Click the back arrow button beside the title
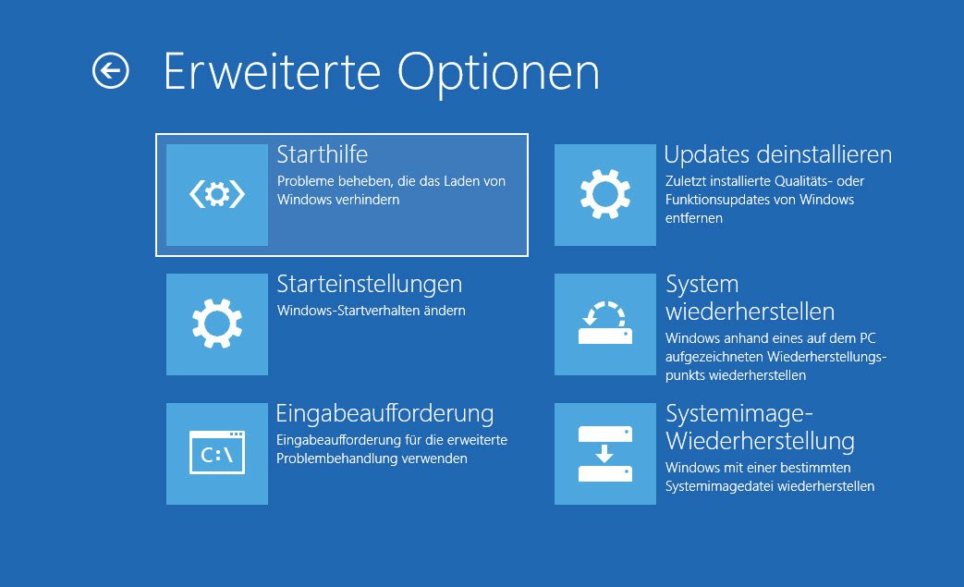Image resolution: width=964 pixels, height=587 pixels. (111, 70)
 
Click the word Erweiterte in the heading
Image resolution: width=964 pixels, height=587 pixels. (273, 72)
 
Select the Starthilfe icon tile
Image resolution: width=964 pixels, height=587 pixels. (217, 195)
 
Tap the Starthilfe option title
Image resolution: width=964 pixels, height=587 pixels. (323, 154)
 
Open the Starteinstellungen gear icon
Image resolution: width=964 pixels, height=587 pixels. (217, 324)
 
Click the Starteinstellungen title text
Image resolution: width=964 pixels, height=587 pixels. (370, 285)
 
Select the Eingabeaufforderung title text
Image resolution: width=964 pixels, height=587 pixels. (384, 413)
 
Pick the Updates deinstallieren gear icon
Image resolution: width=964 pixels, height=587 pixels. (605, 195)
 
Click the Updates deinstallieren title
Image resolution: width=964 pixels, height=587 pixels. (777, 154)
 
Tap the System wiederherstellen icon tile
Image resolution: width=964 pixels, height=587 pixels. (605, 324)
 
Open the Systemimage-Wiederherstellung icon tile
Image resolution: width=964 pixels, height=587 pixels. (605, 454)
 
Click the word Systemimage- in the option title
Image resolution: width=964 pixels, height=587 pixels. (739, 414)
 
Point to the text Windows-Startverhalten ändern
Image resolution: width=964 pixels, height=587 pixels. (372, 311)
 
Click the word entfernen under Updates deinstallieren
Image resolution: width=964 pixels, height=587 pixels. (694, 218)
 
